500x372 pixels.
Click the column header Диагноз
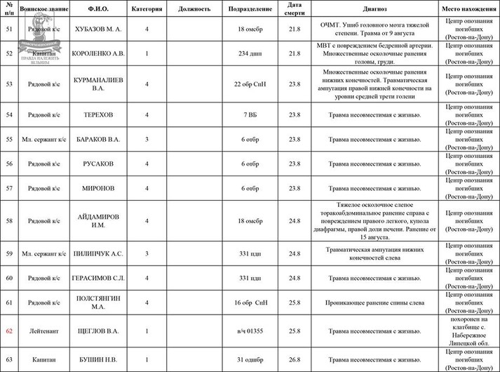pos(375,9)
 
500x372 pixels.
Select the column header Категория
pos(147,9)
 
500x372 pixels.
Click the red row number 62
pos(9,329)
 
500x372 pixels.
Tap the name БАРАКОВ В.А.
pos(97,139)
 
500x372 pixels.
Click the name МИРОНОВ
pos(97,188)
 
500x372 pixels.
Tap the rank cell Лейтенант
pos(43,330)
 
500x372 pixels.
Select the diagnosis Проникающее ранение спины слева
pos(375,303)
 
